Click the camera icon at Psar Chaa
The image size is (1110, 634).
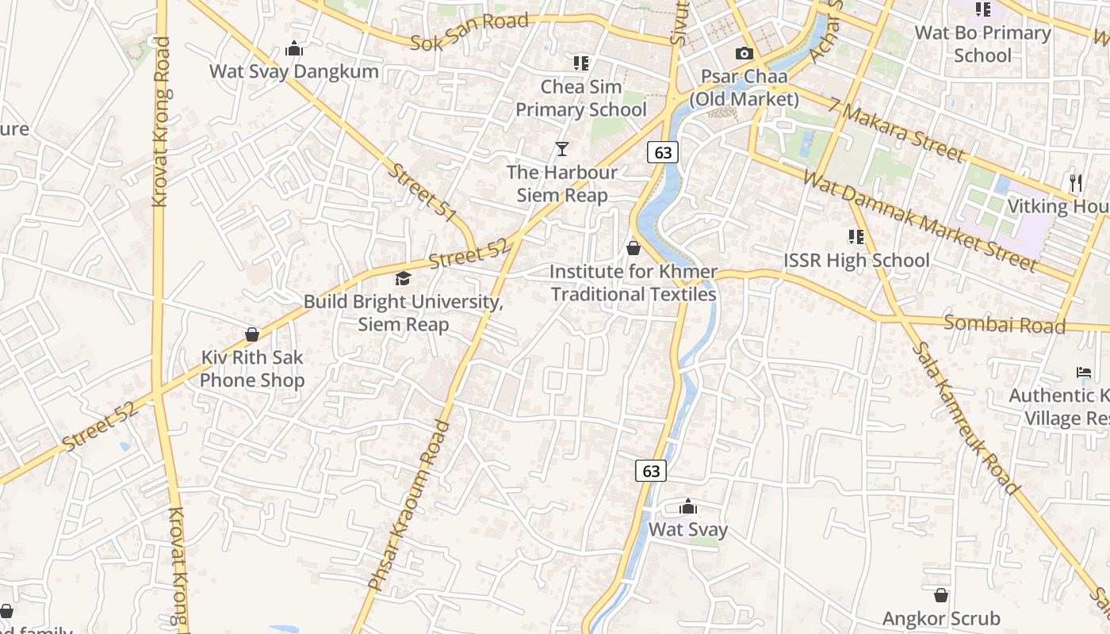point(744,54)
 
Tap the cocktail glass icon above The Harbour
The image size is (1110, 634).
point(562,148)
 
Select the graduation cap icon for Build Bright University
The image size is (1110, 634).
point(403,278)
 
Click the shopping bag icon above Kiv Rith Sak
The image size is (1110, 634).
point(252,334)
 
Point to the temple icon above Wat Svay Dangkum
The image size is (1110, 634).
point(294,49)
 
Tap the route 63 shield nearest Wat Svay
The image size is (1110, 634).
point(651,471)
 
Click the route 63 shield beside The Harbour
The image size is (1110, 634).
point(663,152)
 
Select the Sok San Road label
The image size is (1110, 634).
point(469,32)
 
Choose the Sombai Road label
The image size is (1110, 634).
point(1005,323)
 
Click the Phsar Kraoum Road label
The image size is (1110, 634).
point(410,505)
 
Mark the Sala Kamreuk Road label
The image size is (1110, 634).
point(963,418)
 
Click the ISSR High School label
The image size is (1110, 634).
point(856,260)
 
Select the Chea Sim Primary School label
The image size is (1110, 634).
point(581,98)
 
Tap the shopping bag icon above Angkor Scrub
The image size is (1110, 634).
point(941,595)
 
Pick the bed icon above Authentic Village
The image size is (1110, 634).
point(1083,372)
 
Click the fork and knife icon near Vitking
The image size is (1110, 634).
point(1075,183)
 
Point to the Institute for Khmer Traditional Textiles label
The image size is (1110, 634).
point(633,283)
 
